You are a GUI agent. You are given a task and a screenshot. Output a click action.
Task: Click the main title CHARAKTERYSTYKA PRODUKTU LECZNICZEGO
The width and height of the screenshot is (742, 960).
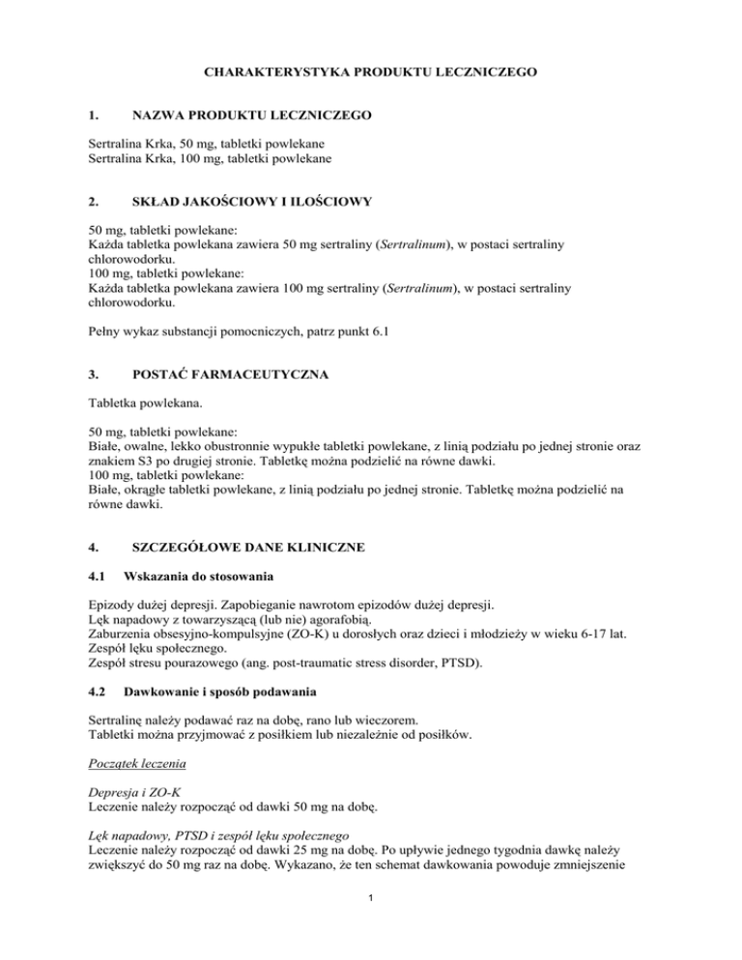pos(371,71)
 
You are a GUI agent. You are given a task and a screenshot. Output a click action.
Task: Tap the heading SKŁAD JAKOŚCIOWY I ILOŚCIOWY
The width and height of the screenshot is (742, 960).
pos(252,204)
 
